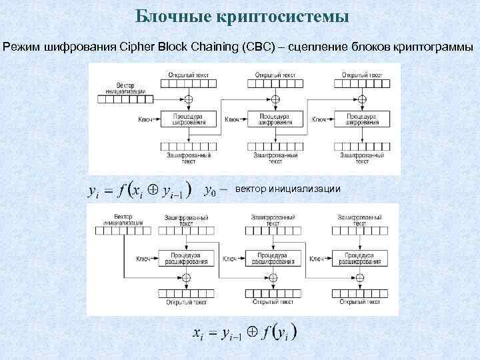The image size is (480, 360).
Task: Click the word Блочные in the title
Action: (171, 15)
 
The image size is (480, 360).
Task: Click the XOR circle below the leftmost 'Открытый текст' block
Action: (188, 99)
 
